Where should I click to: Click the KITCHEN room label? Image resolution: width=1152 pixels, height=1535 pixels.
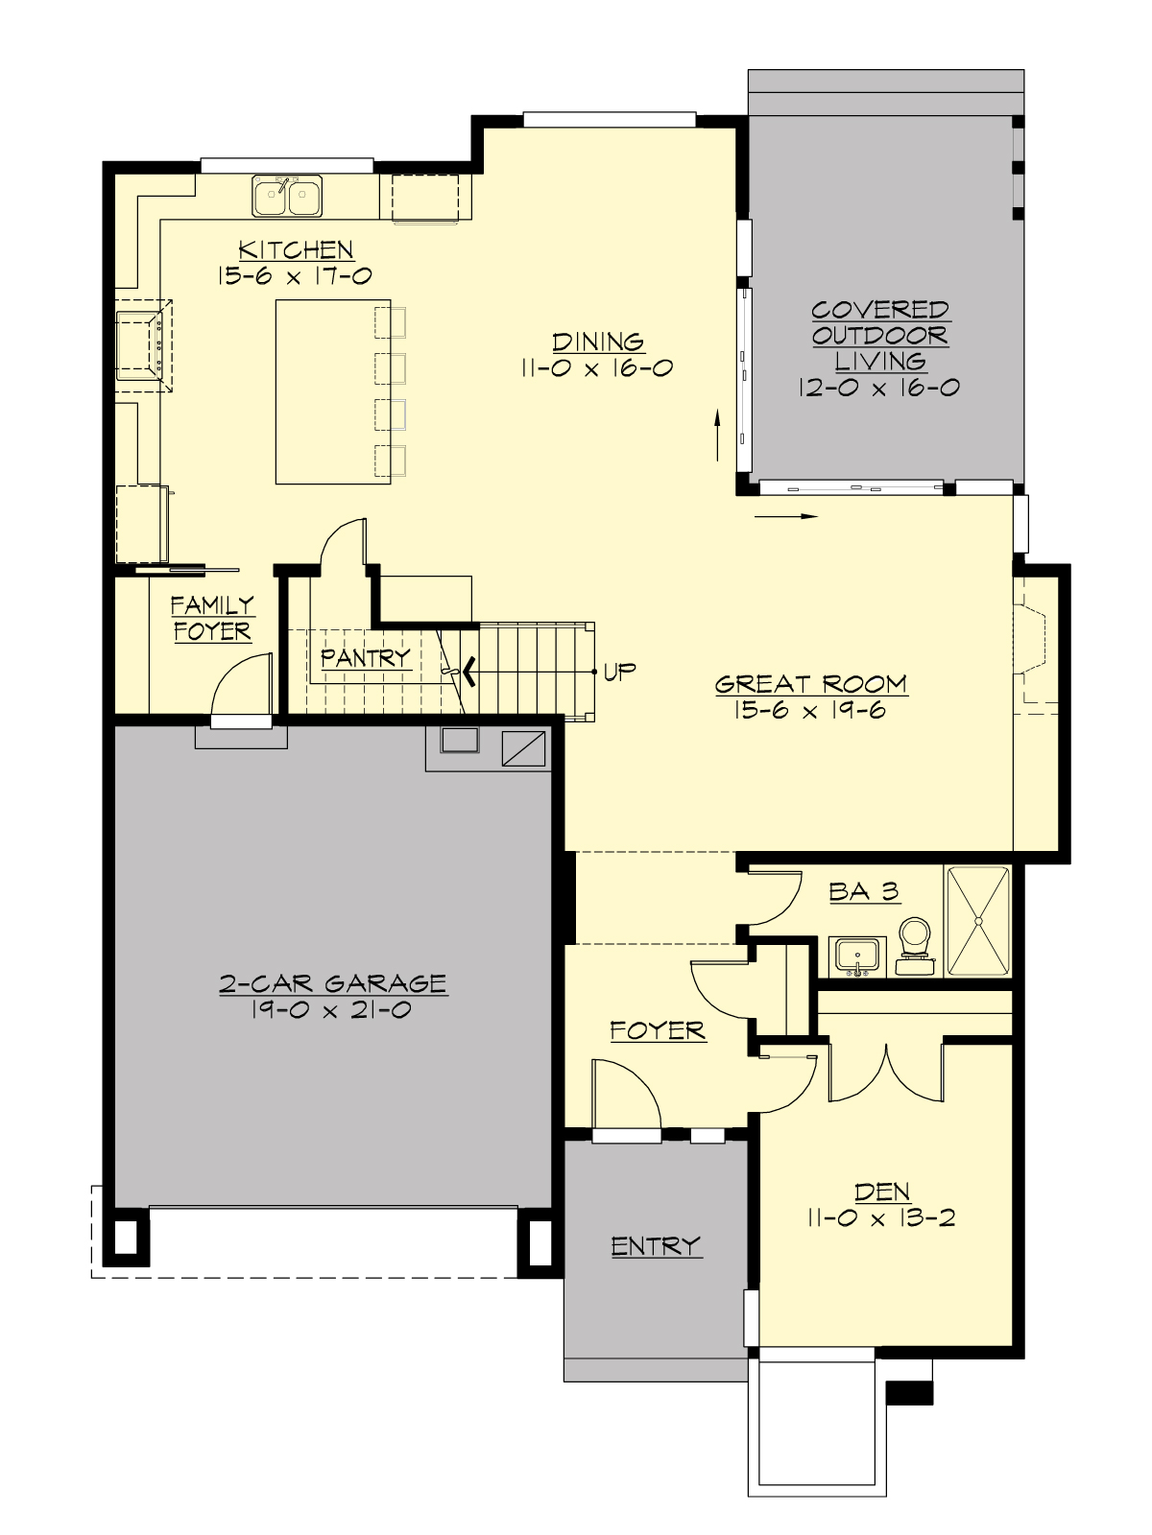coord(296,250)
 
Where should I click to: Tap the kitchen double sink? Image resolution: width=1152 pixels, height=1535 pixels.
coord(287,196)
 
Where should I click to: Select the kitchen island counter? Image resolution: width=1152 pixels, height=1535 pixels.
coord(332,391)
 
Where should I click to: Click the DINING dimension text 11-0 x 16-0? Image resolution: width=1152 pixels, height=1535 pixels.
coord(597,368)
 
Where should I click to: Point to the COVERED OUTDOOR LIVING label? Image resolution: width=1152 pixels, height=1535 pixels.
coord(879,336)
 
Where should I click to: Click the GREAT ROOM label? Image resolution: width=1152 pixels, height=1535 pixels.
coord(811,684)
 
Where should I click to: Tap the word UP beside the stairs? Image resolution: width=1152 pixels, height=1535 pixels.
coord(619,672)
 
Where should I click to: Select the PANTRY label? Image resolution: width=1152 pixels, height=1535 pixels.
coord(365,658)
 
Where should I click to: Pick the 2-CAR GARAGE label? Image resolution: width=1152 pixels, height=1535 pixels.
coord(332,983)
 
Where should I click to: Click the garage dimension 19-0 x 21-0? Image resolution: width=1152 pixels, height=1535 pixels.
coord(332,1010)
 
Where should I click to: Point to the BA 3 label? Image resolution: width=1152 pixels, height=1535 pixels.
coord(864,892)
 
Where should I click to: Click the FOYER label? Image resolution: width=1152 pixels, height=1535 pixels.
coord(658,1031)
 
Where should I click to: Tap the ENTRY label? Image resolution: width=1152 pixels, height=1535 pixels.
coord(656,1246)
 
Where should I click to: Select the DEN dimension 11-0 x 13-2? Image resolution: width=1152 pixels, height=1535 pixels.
coord(881,1219)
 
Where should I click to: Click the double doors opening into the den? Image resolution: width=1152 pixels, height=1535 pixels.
coord(887,1073)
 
